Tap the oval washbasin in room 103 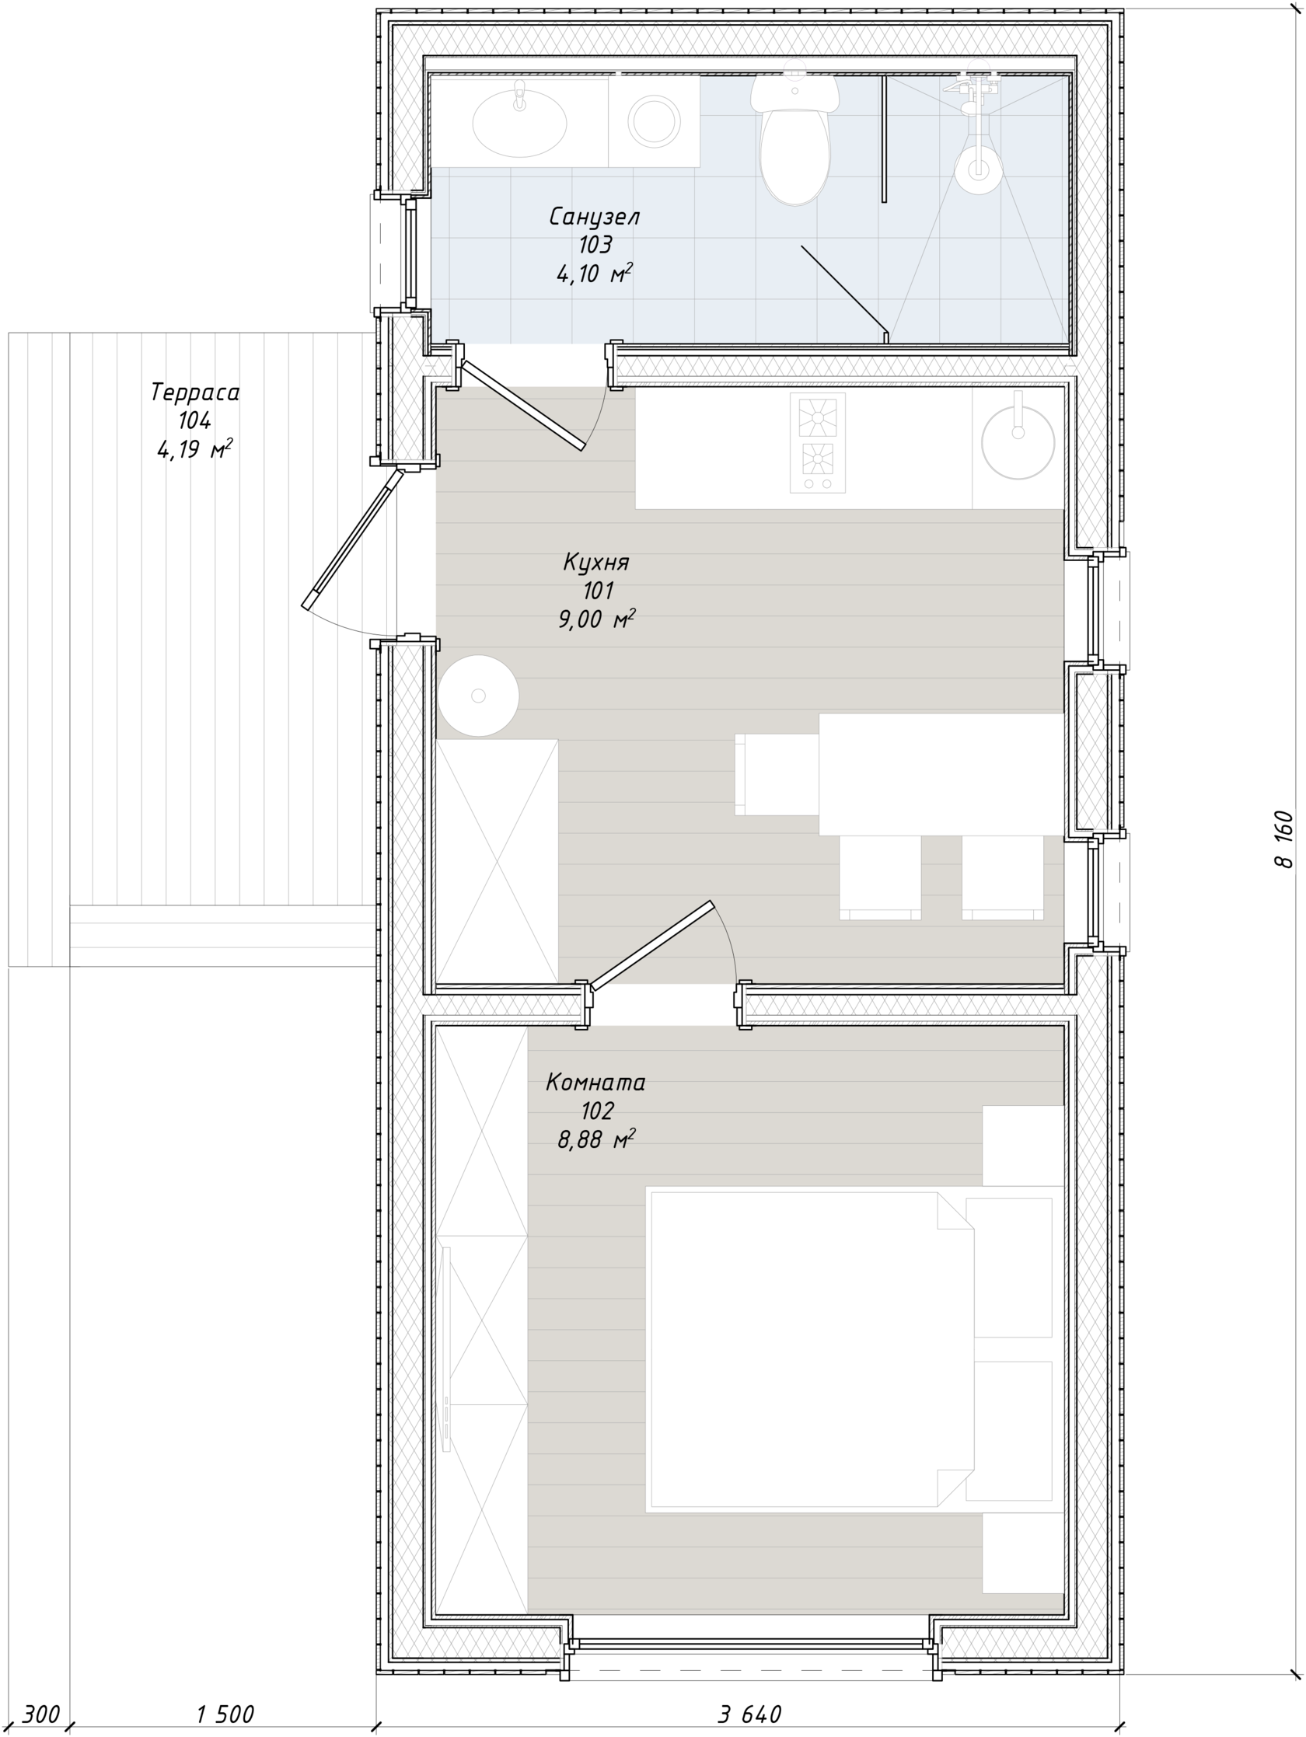[519, 123]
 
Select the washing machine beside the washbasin [654, 122]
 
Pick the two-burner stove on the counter [818, 443]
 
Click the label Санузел [595, 217]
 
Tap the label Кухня [596, 562]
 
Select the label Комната [595, 1082]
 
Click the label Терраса [195, 392]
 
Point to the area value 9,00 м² [596, 619]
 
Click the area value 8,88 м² [596, 1139]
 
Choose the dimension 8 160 [1282, 839]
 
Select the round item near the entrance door [478, 696]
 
